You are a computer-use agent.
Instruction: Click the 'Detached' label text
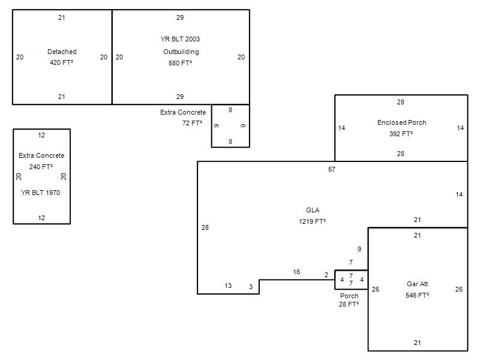click(x=62, y=52)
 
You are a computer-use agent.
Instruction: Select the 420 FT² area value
click(x=62, y=62)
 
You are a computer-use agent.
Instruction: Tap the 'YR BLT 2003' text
click(x=180, y=39)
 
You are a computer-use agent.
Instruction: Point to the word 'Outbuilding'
click(x=181, y=52)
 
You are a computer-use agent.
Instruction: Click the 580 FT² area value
click(x=181, y=63)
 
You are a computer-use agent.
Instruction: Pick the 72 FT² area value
click(x=192, y=123)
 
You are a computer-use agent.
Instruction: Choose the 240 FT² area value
click(x=41, y=167)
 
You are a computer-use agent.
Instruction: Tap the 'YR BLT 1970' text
click(x=40, y=193)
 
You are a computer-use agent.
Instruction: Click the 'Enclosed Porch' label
click(x=401, y=122)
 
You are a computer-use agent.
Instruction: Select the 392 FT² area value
click(x=401, y=134)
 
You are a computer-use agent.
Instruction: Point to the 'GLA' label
click(x=313, y=210)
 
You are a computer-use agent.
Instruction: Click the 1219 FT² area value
click(x=312, y=221)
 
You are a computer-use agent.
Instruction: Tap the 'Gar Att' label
click(x=417, y=284)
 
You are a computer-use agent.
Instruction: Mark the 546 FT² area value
click(x=417, y=295)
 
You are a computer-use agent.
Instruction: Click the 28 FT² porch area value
click(x=349, y=304)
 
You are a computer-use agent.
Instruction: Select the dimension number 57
click(x=332, y=169)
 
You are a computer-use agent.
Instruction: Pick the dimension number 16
click(x=296, y=272)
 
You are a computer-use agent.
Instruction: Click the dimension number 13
click(x=228, y=286)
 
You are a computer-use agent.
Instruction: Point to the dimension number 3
click(x=251, y=287)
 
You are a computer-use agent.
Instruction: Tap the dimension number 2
click(x=326, y=275)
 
